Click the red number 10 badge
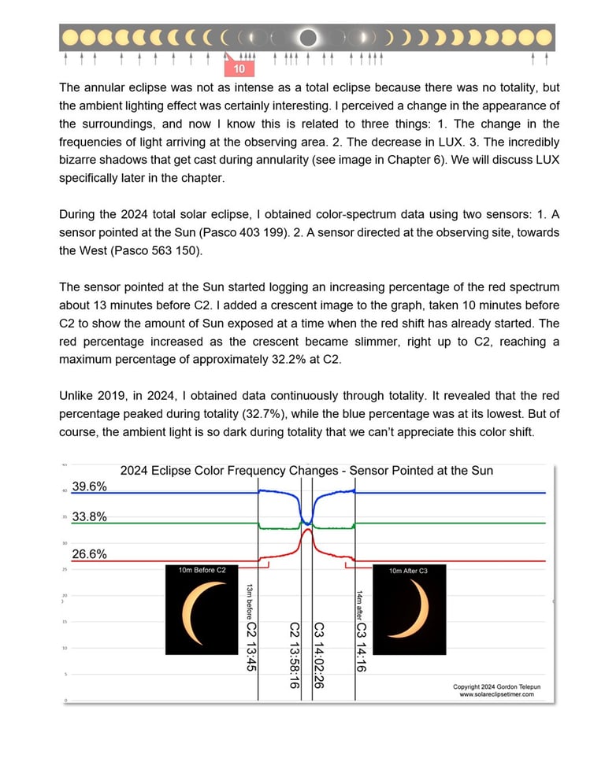coord(239,68)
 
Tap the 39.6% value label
coord(89,487)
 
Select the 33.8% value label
coord(89,517)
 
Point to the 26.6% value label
coord(89,554)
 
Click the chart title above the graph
coord(306,471)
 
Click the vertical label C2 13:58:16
coord(295,655)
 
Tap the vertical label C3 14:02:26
coord(320,655)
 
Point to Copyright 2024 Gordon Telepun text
coord(496,686)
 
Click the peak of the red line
coord(307,529)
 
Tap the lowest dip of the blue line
coord(306,520)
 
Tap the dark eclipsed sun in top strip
coord(308,38)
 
